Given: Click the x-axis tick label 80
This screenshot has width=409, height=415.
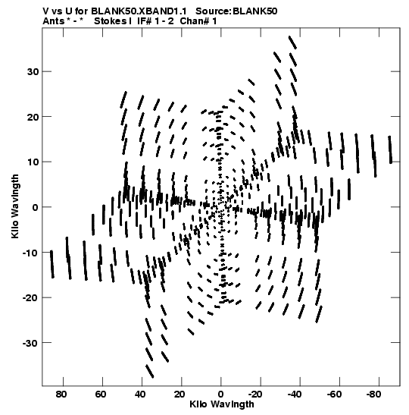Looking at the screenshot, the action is (x=61, y=395).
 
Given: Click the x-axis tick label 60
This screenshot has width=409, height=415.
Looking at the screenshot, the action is (x=101, y=395).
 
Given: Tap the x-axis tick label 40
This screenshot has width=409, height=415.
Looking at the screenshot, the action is (x=140, y=395).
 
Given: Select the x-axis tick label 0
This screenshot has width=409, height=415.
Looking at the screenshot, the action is (x=221, y=395).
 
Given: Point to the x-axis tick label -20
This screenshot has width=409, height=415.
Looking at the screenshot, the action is (x=255, y=395).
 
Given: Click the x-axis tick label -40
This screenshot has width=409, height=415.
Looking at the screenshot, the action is (x=295, y=395).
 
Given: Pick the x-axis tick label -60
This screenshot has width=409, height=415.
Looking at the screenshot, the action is (x=334, y=395).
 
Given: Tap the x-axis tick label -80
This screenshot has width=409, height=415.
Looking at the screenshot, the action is (x=373, y=395).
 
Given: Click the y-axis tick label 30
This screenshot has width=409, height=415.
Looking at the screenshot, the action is (x=33, y=72).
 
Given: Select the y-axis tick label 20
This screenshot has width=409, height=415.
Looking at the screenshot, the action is (x=33, y=117).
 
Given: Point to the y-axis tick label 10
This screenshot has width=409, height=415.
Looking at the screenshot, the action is (x=33, y=162).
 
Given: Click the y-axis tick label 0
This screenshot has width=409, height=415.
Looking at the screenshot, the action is (x=35, y=207).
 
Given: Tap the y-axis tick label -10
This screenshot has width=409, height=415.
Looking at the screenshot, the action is (x=30, y=253).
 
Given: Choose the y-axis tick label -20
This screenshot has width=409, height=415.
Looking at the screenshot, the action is (x=30, y=297).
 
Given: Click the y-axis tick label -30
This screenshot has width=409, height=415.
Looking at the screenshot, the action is (x=30, y=343).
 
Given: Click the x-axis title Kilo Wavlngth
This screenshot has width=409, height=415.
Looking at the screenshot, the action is (x=222, y=404).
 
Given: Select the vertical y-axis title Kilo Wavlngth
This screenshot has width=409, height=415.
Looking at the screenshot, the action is (x=15, y=206).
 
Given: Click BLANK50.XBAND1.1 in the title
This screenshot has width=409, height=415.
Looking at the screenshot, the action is (x=139, y=11).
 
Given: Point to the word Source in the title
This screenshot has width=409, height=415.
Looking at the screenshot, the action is (x=214, y=11).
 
